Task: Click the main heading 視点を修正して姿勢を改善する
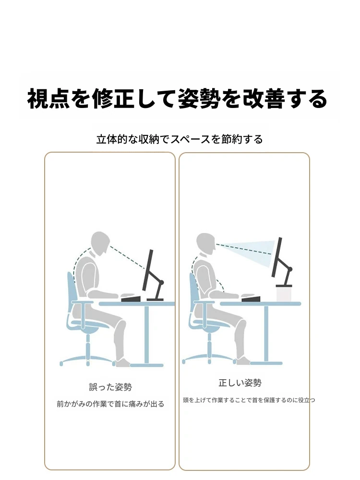pos(177,99)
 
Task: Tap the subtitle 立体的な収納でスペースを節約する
pos(180,139)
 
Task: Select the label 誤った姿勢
pos(110,387)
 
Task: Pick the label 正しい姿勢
pos(240,383)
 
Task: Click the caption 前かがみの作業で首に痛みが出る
pos(110,404)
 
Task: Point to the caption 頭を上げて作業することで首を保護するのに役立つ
pos(249,400)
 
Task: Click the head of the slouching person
pos(100,243)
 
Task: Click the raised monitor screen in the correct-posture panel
pos(277,257)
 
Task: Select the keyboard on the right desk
pos(251,298)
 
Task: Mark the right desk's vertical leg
pos(266,334)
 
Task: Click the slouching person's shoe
pos(123,362)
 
